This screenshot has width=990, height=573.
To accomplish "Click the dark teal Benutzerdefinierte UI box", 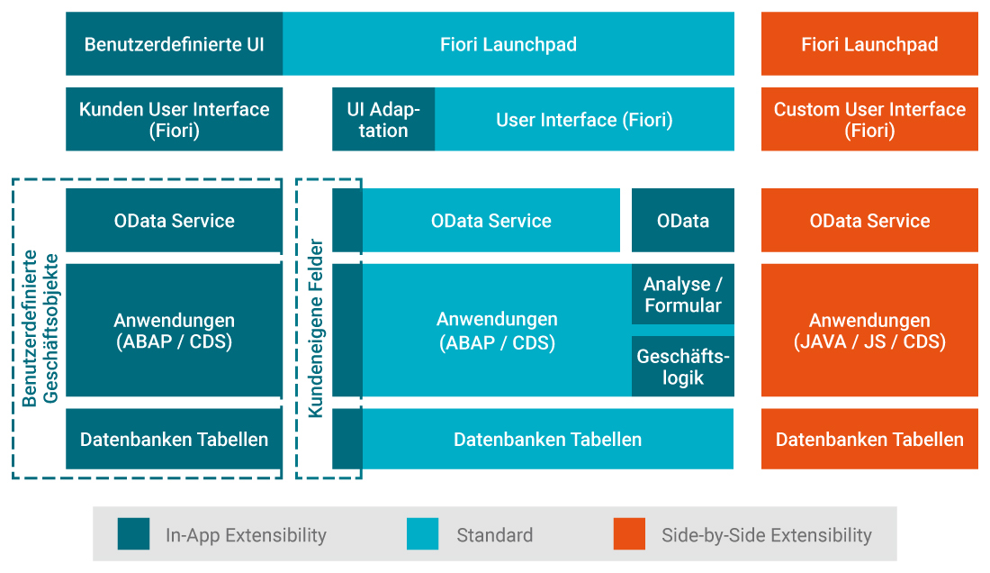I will click(174, 44).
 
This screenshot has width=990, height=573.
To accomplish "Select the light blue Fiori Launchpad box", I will click(508, 44).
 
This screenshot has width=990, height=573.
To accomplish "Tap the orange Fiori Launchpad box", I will click(869, 44).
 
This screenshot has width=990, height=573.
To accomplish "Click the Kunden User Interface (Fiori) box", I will click(174, 119).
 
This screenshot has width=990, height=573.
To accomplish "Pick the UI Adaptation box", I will click(383, 119).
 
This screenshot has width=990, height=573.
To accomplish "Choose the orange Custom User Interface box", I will click(869, 119).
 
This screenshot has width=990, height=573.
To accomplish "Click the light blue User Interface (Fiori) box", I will click(584, 119).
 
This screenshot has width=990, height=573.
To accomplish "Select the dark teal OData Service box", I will click(174, 221).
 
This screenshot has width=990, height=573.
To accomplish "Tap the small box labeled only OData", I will click(682, 221).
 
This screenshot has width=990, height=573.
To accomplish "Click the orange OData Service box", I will click(869, 221).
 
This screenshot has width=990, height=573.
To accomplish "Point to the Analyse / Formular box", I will click(682, 295).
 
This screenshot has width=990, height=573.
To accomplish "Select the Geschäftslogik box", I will click(682, 367).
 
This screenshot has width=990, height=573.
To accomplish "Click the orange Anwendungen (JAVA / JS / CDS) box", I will click(869, 331).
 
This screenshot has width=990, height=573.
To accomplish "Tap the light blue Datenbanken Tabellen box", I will click(547, 440).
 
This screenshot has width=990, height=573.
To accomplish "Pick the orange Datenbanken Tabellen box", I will click(869, 440).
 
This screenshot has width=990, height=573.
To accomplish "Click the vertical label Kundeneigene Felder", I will click(316, 328).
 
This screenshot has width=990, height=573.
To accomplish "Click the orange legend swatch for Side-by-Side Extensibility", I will click(629, 534).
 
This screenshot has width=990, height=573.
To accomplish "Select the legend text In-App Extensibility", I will click(246, 535).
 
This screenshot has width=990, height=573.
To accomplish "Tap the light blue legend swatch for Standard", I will click(423, 534).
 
